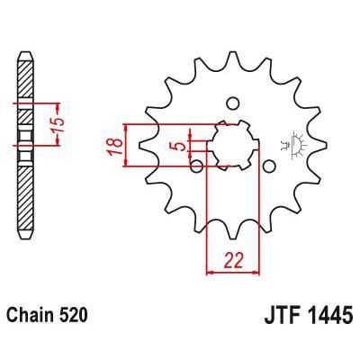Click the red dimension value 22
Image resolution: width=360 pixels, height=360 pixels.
(233, 260)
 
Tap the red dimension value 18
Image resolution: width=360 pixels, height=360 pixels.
(115, 147)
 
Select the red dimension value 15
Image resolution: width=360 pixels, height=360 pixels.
(58, 125)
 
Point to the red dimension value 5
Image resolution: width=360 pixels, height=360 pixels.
(181, 147)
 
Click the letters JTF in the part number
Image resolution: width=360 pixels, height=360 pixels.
(281, 313)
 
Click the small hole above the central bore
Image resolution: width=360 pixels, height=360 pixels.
(232, 103)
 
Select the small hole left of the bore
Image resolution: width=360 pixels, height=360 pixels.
(197, 166)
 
